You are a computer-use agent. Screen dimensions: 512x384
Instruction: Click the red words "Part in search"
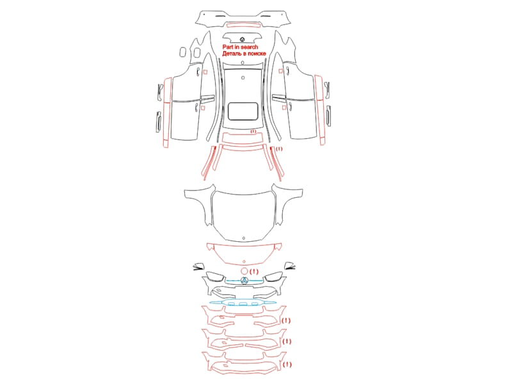[240, 47]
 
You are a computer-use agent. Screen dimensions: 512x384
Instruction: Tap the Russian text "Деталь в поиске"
[244, 54]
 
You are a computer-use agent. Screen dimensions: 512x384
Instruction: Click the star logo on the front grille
[244, 280]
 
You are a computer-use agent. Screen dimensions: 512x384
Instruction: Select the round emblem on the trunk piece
[242, 40]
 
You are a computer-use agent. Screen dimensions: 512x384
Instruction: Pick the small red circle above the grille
[244, 271]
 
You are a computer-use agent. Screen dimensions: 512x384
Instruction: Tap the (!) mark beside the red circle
[253, 271]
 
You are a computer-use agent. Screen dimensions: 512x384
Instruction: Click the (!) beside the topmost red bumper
[285, 321]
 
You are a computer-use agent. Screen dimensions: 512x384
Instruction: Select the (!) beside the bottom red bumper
[287, 364]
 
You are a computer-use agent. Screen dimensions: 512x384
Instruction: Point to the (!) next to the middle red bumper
[286, 342]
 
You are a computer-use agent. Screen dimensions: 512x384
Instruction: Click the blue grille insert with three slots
[243, 303]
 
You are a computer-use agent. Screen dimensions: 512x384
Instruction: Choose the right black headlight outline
[274, 277]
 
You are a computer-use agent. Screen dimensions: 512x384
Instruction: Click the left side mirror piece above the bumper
[198, 266]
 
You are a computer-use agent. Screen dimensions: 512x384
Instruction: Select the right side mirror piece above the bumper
[290, 266]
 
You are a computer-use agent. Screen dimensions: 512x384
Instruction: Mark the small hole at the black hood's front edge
[244, 238]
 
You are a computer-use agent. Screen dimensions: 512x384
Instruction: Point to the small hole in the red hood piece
[244, 262]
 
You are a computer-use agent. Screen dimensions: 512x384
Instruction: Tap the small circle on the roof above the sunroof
[243, 77]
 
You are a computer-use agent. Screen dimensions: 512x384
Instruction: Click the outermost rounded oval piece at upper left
[182, 52]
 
